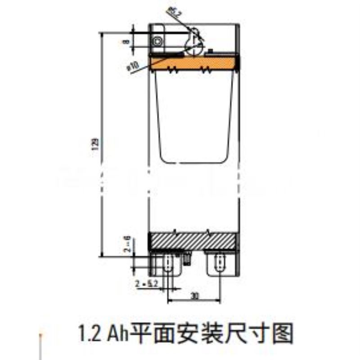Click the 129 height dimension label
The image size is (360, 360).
[95, 144]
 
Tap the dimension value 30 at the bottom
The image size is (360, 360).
[194, 296]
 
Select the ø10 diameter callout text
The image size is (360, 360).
[133, 66]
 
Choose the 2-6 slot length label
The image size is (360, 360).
[128, 243]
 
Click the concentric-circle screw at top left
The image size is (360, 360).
[157, 41]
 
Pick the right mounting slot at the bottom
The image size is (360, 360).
[220, 262]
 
